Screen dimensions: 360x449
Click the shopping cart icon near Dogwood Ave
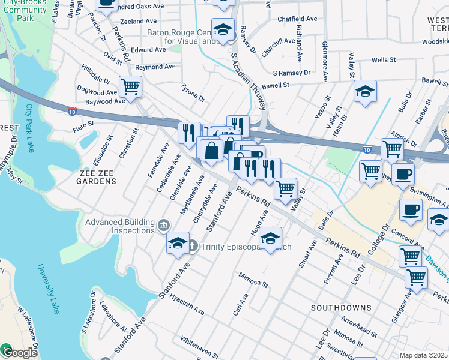130,87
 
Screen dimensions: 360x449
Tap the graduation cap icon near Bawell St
365,91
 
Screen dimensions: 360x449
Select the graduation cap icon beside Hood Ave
271,239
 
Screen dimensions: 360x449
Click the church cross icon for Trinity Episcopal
193,246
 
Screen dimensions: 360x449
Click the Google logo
19,353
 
